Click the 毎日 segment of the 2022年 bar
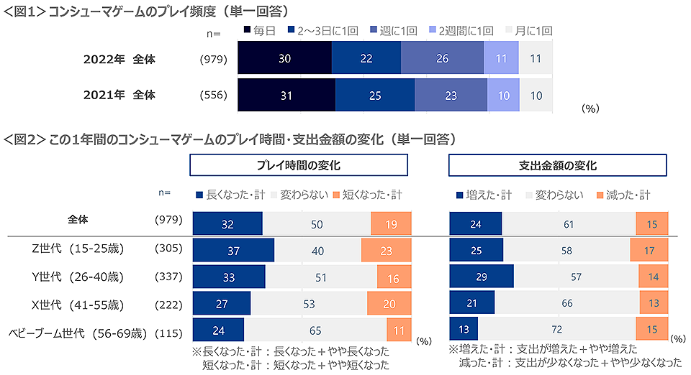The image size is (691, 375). click(x=284, y=59)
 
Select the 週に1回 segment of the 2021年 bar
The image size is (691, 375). click(x=451, y=94)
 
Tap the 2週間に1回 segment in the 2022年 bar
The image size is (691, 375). click(x=501, y=59)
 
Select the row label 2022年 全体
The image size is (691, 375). click(x=119, y=59)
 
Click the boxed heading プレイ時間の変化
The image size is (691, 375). click(x=299, y=165)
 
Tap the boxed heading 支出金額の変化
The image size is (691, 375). click(x=558, y=165)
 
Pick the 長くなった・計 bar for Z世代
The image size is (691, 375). click(x=233, y=249)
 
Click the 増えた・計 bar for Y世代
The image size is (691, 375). click(x=481, y=276)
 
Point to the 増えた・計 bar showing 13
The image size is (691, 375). click(x=463, y=328)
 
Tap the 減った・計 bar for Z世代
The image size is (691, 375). click(x=649, y=249)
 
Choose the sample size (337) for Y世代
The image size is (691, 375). click(x=168, y=276)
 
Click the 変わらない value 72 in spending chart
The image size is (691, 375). click(x=557, y=328)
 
